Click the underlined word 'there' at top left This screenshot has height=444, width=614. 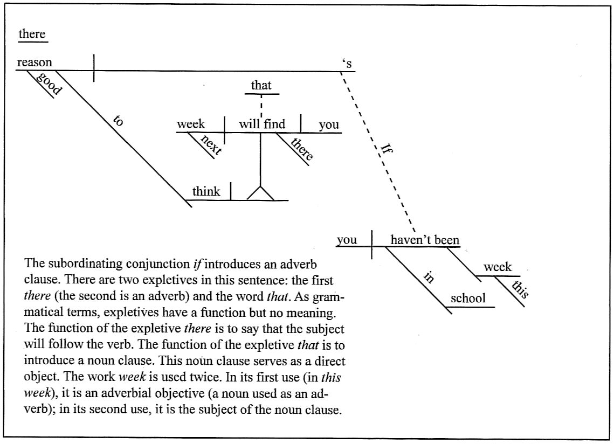click(32, 34)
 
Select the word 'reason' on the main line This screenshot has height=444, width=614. click(35, 63)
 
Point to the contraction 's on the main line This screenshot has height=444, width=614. click(347, 64)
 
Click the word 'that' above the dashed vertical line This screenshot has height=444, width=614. click(261, 85)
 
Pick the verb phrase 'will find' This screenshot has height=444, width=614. click(263, 124)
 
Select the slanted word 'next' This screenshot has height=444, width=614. click(211, 144)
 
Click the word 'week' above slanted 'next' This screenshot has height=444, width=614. click(191, 124)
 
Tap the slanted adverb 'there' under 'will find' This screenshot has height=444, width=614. click(301, 149)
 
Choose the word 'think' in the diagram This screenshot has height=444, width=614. click(206, 191)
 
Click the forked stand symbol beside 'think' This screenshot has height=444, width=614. click(260, 192)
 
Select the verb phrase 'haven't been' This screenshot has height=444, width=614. click(425, 240)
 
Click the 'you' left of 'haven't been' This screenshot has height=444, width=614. click(347, 240)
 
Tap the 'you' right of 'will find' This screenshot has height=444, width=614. click(329, 124)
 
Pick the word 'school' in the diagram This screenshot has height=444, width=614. click(468, 299)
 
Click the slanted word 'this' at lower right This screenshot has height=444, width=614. click(520, 289)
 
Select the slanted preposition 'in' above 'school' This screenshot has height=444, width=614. click(429, 277)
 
